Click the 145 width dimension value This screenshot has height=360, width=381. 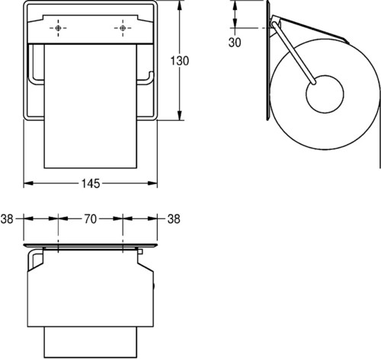pos(91,183)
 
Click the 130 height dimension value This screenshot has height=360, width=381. pos(180,61)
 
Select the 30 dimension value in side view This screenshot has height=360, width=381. pos(235,43)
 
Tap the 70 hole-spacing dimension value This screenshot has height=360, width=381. pos(91,218)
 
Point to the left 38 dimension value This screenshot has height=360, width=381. pos(7,218)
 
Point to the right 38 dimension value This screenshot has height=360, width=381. pos(174,218)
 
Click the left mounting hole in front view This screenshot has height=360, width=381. pos(58,28)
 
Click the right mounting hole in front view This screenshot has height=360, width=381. pos(123,28)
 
